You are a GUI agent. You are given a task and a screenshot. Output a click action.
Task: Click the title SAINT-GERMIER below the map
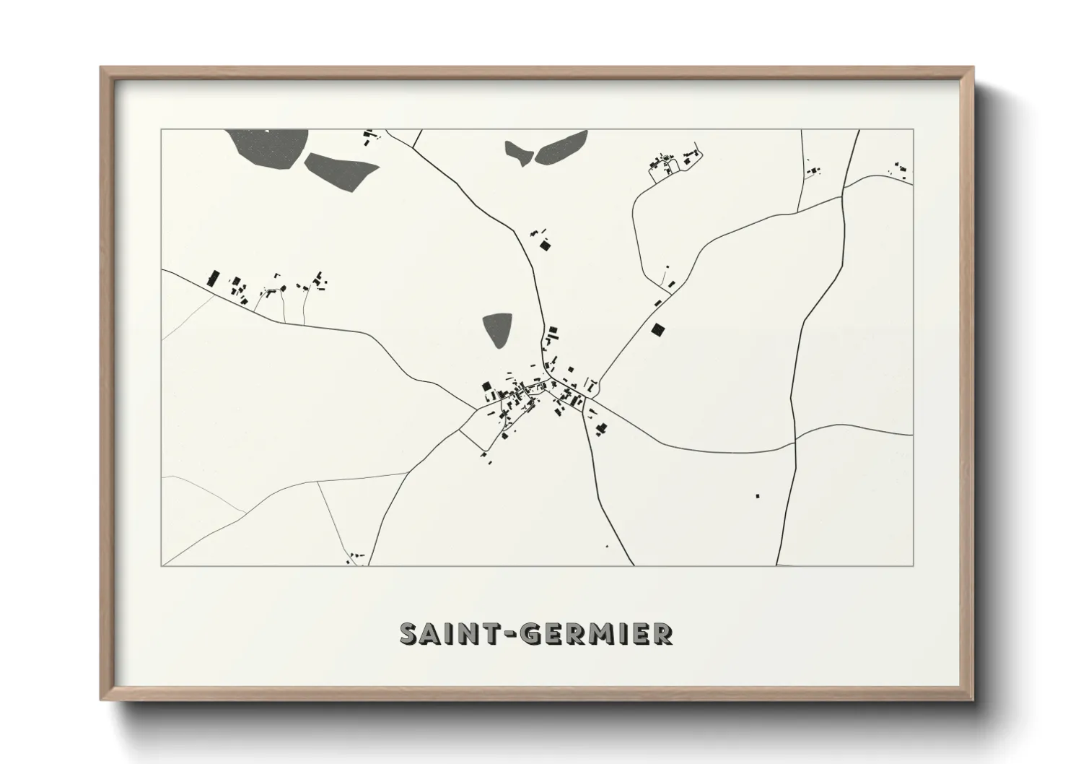coord(536,633)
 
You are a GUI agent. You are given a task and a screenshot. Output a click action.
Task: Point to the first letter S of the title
coord(409,633)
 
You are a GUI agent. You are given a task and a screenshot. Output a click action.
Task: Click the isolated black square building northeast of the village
coord(657,329)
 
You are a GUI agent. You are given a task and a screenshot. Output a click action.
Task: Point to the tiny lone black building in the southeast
coord(757,496)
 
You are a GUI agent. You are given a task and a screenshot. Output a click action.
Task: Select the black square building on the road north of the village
coord(546,246)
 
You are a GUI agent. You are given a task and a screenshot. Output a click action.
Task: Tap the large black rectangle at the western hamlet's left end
coord(213,278)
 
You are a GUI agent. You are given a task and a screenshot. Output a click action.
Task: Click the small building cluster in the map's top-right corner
coord(900,170)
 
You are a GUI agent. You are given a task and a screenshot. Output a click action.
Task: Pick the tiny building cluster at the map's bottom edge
coord(354,557)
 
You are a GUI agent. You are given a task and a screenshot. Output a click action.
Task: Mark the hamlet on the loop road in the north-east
coord(673,164)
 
